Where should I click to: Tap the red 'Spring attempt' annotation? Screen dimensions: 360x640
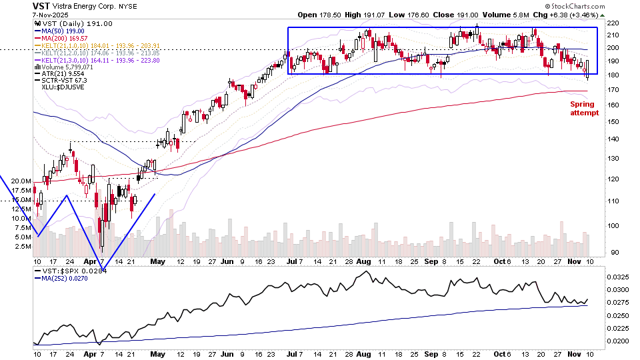point(584,109)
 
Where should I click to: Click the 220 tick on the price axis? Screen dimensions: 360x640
point(613,23)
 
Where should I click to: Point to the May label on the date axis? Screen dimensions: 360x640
point(157,262)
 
